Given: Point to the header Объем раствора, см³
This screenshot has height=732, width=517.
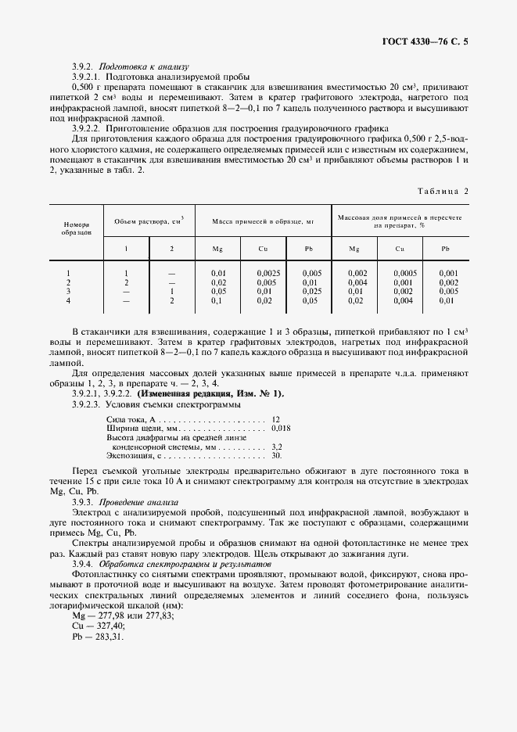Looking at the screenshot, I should coord(149,222).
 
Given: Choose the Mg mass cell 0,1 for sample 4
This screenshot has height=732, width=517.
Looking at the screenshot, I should coord(218,300).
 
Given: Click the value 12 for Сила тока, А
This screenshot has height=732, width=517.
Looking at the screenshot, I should coord(276,420).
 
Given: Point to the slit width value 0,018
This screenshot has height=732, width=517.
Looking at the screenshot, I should coord(281,429).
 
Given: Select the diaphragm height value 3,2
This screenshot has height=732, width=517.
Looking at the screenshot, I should coord(277,446).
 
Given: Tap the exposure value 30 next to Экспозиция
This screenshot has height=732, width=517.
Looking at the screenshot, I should coord(276,454).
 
